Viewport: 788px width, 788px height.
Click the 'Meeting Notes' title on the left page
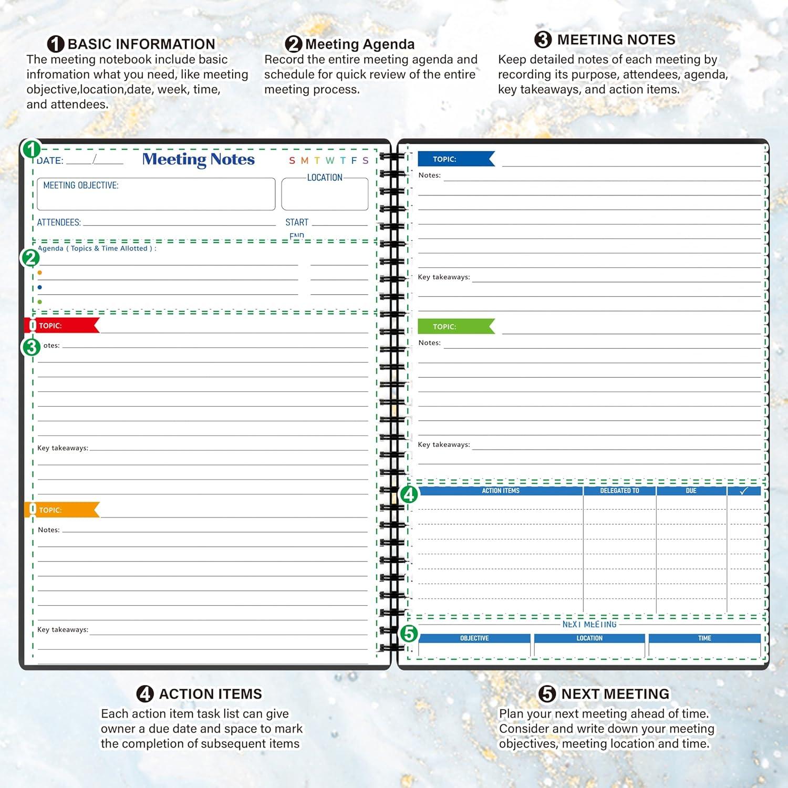pyautogui.click(x=198, y=159)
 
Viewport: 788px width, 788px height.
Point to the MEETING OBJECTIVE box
pyautogui.click(x=156, y=194)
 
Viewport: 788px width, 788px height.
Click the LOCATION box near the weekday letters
pyautogui.click(x=325, y=194)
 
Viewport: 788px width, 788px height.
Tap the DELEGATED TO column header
pyautogui.click(x=619, y=491)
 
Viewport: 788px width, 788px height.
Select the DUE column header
pyautogui.click(x=691, y=491)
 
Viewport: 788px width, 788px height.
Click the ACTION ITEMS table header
pyautogui.click(x=501, y=491)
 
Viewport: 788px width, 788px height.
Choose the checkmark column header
pyautogui.click(x=744, y=491)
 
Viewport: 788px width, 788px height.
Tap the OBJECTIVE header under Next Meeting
pyautogui.click(x=474, y=638)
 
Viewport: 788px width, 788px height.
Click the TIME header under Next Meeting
pyautogui.click(x=704, y=638)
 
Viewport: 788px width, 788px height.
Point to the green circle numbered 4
pyautogui.click(x=409, y=494)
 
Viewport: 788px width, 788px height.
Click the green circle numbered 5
pyautogui.click(x=409, y=634)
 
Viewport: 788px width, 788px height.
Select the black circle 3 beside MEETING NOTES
pyautogui.click(x=543, y=39)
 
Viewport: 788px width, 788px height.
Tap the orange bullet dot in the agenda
pyautogui.click(x=40, y=273)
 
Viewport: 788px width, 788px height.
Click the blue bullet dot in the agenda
pyautogui.click(x=40, y=287)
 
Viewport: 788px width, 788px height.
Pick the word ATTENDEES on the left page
pyautogui.click(x=59, y=223)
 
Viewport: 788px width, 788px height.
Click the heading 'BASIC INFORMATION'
pyautogui.click(x=141, y=44)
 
